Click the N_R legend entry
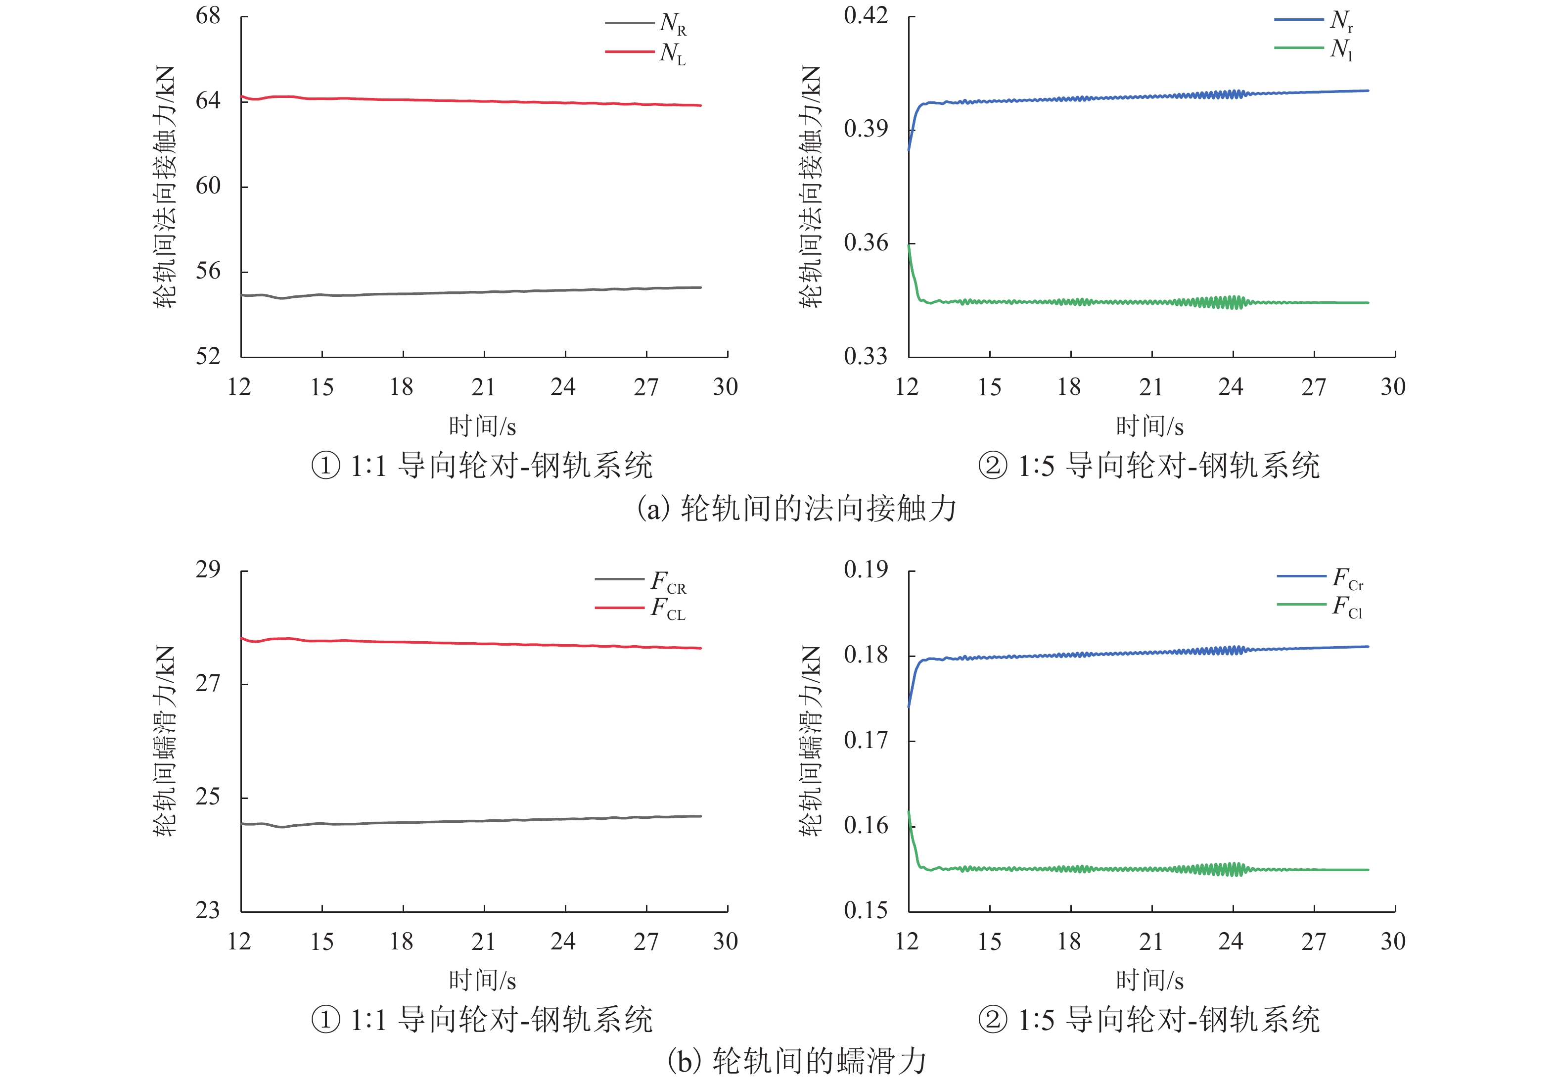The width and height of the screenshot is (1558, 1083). [646, 24]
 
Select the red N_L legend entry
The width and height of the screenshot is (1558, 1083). [646, 52]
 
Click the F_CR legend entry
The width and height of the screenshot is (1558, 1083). [641, 581]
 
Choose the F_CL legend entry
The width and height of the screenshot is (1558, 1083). [641, 608]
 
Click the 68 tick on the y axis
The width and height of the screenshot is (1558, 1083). [208, 16]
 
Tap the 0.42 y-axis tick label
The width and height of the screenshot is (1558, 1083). [866, 15]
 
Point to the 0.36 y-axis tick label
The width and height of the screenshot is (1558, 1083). [866, 242]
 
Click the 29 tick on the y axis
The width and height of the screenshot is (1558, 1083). [208, 569]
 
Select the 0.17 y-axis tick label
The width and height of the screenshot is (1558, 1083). [866, 740]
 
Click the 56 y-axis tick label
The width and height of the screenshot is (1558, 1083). [208, 271]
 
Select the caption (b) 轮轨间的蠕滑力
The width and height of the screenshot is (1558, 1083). [797, 1061]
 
